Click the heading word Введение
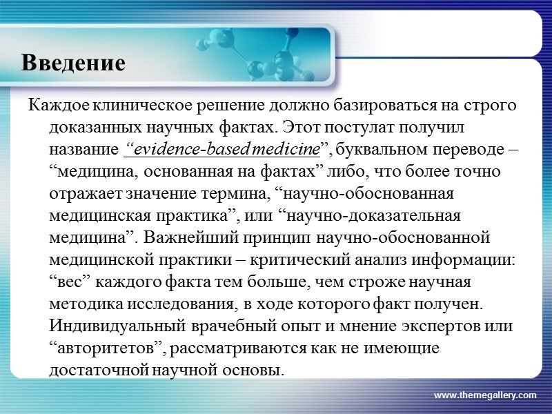pyautogui.click(x=73, y=63)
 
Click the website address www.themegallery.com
pyautogui.click(x=484, y=395)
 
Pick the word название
pyautogui.click(x=83, y=149)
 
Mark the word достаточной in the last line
pyautogui.click(x=92, y=370)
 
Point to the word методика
pyautogui.click(x=82, y=304)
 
